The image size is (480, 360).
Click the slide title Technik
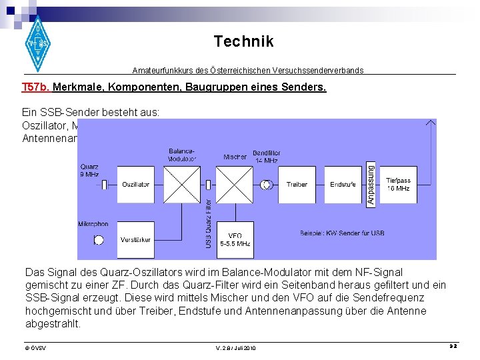click(x=243, y=42)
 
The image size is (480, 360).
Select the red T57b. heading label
click(x=35, y=87)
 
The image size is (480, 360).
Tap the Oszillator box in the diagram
click(x=135, y=185)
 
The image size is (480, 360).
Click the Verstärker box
click(x=135, y=240)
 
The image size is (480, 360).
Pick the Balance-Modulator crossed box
click(x=182, y=185)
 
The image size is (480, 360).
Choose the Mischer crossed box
click(x=235, y=185)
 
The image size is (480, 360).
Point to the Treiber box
click(x=297, y=185)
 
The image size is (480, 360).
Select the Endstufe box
click(x=343, y=185)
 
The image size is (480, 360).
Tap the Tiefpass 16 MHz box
click(x=398, y=185)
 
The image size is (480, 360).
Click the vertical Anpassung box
click(x=371, y=185)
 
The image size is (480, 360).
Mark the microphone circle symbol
click(x=99, y=240)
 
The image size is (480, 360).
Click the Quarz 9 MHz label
click(x=89, y=171)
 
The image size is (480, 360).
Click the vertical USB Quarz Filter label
click(x=208, y=223)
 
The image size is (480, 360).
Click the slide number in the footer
click(x=451, y=347)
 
